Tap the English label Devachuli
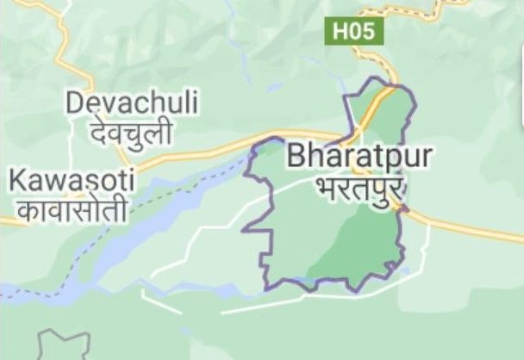131,103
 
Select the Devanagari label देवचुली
129,133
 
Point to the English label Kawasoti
71,181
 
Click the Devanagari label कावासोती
72,209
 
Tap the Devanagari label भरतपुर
360,186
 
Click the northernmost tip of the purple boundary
377,79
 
